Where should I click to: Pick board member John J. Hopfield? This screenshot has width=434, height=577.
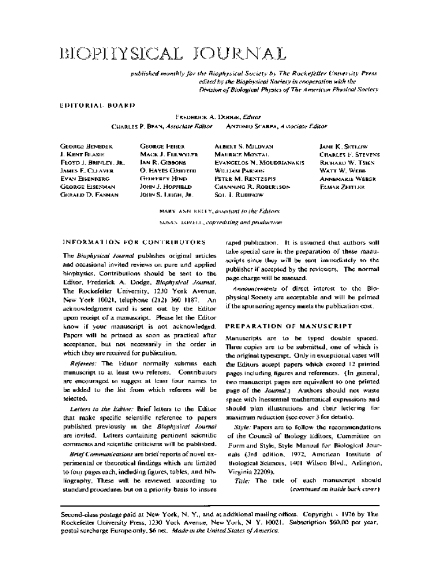pos(166,187)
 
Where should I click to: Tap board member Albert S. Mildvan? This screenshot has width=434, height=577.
pos(244,146)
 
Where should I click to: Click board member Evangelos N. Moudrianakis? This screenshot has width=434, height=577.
pos(259,162)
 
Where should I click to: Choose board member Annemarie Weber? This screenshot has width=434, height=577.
pos(347,179)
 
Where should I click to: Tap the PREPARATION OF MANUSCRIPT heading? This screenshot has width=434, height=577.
pos(289,326)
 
